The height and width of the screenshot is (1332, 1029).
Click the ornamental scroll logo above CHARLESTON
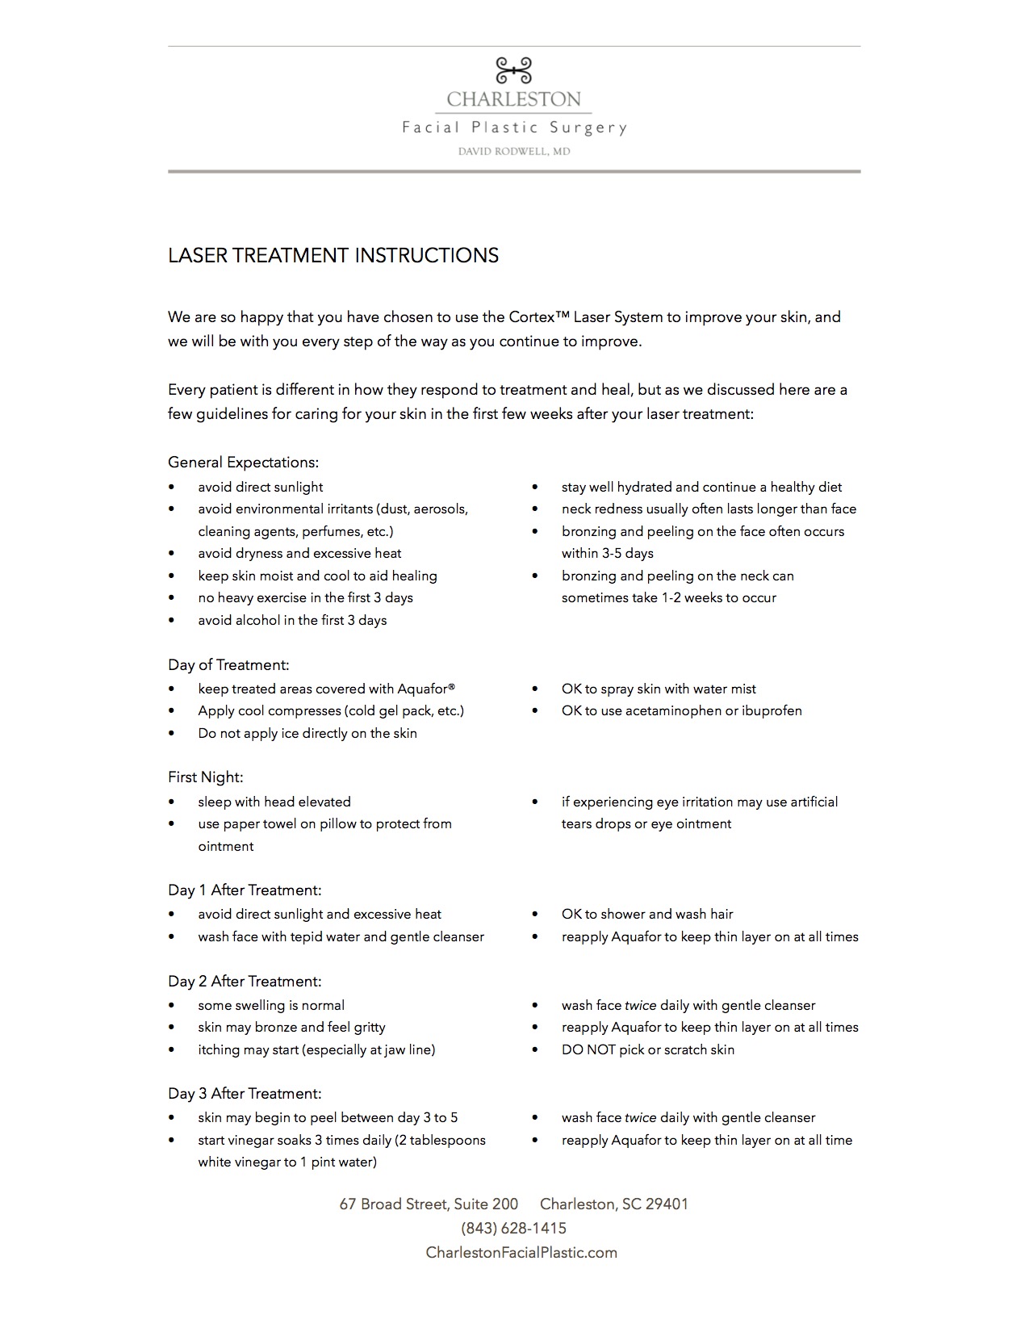tap(514, 70)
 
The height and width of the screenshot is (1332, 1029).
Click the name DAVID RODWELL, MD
tap(514, 151)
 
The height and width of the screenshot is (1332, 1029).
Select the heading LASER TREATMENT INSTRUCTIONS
tap(333, 256)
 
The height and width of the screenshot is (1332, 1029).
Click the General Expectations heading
tap(243, 463)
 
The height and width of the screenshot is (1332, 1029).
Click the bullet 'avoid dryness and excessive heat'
tap(299, 553)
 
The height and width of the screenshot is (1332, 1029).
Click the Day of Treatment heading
tap(228, 665)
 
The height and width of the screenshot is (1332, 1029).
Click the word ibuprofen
tap(772, 710)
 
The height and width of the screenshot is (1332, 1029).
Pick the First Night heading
tap(205, 777)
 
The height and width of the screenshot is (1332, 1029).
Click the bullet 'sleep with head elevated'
tap(274, 802)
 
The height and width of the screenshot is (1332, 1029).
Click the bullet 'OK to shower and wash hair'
tap(647, 914)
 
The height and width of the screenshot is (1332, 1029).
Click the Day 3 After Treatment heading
tap(245, 1094)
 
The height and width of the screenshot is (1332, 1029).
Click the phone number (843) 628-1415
tap(514, 1228)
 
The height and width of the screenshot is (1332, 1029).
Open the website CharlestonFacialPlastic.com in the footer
tap(521, 1252)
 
